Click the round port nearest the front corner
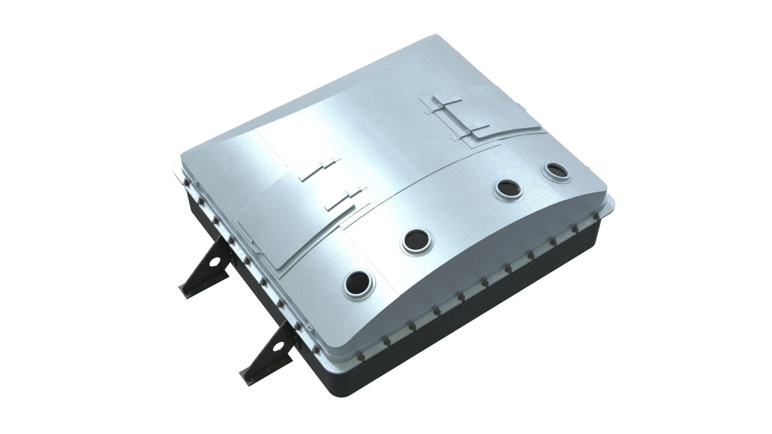359,286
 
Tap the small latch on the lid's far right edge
522,106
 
